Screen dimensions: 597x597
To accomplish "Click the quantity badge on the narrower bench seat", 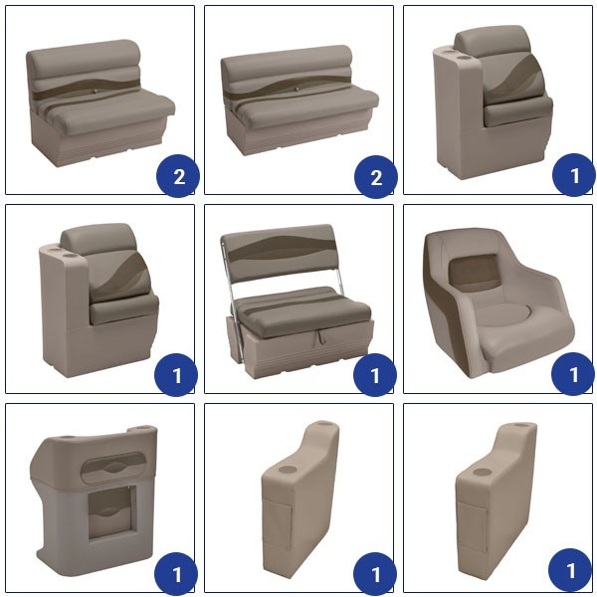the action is [x=178, y=176].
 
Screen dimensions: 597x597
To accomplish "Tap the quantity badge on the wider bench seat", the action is [x=376, y=177].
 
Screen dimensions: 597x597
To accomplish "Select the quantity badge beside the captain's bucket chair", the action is [x=573, y=374].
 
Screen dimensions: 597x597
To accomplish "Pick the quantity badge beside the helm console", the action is [x=176, y=574].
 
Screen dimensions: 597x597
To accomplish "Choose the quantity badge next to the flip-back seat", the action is [x=375, y=375].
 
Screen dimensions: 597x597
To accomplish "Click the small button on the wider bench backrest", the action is [x=297, y=90].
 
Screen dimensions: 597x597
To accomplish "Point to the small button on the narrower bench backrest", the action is [x=96, y=92].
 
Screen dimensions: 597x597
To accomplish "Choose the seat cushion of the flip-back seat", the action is [x=302, y=311].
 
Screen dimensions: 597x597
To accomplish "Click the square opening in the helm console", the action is [x=110, y=513].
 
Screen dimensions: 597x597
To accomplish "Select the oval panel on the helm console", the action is [x=113, y=468].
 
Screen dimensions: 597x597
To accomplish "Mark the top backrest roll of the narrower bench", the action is [x=83, y=57].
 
